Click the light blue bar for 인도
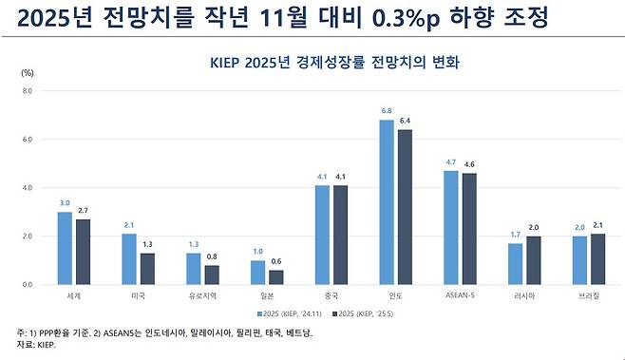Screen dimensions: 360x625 click(x=387, y=202)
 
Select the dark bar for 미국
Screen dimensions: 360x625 click(x=148, y=269)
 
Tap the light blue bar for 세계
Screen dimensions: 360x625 click(x=65, y=248)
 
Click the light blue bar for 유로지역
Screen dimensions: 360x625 click(x=194, y=269)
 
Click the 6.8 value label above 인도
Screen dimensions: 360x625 click(x=387, y=112)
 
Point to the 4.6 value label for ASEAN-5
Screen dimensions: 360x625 click(x=470, y=165)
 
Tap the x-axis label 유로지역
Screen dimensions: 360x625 click(x=203, y=295)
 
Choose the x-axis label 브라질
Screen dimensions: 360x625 click(x=590, y=295)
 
